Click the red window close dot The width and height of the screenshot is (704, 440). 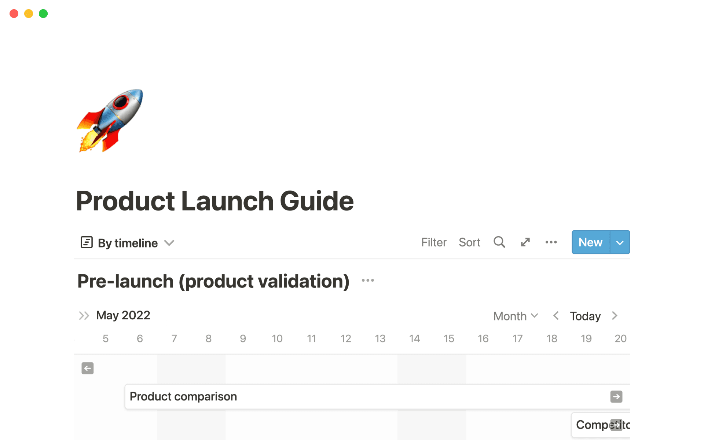point(14,14)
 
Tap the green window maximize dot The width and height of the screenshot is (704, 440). point(43,14)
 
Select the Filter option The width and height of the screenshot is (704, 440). point(433,242)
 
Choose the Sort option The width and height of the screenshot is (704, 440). point(469,242)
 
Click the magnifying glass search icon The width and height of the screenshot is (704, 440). point(499,242)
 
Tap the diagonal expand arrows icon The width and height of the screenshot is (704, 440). point(525,242)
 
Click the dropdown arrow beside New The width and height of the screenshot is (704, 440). point(620,242)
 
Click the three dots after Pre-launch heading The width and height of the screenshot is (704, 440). point(367,280)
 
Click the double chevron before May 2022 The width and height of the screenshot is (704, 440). point(84,316)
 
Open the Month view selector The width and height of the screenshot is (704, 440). point(515,316)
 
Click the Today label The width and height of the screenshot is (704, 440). point(585,316)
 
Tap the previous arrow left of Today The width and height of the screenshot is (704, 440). point(556,316)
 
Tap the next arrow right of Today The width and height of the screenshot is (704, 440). point(615,316)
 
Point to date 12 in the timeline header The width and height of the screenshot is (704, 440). point(345,338)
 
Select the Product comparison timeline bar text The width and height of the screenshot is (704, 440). point(183,396)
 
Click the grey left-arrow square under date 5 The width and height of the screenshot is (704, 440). point(88,368)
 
